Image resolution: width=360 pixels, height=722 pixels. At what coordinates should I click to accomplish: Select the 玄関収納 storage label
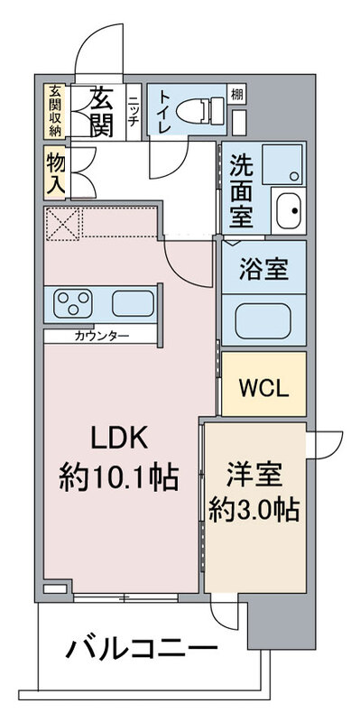coord(55,111)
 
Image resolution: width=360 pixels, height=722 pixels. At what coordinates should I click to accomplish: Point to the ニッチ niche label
coord(133,111)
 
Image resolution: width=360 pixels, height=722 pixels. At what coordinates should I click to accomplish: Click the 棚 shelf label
coord(236,95)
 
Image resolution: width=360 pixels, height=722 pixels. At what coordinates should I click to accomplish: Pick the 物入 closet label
coord(56,172)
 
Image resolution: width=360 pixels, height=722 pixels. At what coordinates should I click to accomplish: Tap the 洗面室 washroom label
coord(241,190)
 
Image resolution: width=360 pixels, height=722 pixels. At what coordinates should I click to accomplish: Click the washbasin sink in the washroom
coord(289,209)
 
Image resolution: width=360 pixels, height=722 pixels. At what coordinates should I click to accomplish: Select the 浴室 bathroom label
coord(263,268)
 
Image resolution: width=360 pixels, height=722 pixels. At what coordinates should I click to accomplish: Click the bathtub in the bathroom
coord(263,321)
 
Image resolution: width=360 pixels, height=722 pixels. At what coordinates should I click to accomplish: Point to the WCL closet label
coord(263,389)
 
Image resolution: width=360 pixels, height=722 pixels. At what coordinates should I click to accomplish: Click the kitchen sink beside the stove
coord(133,303)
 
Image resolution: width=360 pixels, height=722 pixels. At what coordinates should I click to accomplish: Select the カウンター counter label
coord(101,335)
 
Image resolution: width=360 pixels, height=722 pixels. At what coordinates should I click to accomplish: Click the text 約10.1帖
coord(119,478)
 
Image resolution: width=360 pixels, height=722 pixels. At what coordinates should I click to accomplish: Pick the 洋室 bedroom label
coord(254,476)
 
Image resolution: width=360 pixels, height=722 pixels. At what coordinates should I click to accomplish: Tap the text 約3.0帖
coord(254,510)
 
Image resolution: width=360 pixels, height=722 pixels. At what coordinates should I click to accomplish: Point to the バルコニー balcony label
coord(142,649)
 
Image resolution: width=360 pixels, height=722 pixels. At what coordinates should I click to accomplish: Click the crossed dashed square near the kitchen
coord(63,224)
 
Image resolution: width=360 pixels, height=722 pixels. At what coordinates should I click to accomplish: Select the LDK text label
coord(119,439)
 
